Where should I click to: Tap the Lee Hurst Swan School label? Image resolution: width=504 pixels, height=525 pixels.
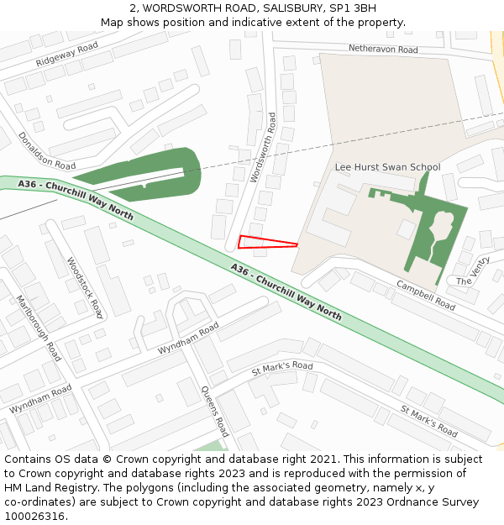(387, 167)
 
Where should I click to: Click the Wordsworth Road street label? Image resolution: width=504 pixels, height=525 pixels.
(264, 149)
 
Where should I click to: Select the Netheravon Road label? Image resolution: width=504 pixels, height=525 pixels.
(383, 50)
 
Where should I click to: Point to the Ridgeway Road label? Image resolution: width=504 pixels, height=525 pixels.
(67, 55)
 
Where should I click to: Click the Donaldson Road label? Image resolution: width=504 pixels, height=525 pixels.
(47, 150)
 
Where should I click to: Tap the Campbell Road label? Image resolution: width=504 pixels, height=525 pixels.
(426, 295)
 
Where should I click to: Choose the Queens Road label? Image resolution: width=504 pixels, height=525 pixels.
(215, 412)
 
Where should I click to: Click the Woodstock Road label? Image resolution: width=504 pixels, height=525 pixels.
(85, 287)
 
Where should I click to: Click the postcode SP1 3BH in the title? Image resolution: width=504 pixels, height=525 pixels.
(354, 8)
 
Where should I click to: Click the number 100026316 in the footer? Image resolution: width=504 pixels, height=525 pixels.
(34, 517)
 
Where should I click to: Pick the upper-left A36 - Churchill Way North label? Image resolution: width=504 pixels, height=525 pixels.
(75, 199)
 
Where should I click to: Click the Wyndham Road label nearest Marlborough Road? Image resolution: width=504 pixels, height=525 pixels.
(40, 399)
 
